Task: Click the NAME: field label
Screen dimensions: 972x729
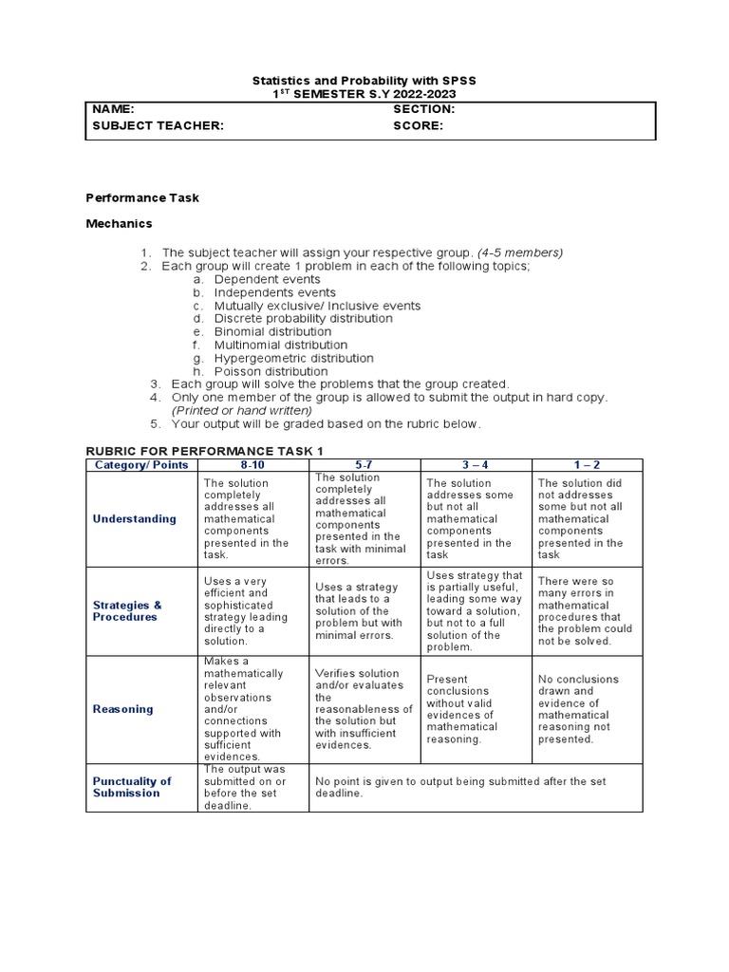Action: (x=113, y=110)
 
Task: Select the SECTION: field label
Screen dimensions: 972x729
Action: (x=424, y=110)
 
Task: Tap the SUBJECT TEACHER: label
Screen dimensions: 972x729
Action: (x=158, y=125)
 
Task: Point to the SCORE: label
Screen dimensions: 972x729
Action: (x=419, y=125)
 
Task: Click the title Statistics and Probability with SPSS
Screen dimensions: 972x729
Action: (x=364, y=82)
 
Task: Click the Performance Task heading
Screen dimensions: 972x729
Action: (x=142, y=197)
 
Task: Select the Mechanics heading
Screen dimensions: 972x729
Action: (x=119, y=224)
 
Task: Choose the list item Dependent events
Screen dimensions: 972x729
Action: (x=267, y=280)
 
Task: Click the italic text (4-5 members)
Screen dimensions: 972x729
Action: (x=520, y=252)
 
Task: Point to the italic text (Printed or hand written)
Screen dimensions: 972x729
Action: (x=241, y=410)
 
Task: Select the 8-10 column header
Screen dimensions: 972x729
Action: (x=253, y=465)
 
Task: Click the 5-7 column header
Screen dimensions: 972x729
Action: (x=364, y=465)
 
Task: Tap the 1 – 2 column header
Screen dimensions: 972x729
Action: (x=587, y=465)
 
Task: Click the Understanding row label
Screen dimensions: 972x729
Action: (x=134, y=519)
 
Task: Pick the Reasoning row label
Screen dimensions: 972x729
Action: (x=122, y=709)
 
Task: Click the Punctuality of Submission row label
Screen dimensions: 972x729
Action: (x=132, y=787)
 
